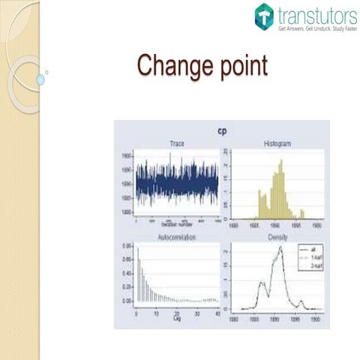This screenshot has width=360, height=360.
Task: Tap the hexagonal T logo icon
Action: click(x=263, y=16)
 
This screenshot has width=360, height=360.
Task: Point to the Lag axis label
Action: click(x=175, y=318)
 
